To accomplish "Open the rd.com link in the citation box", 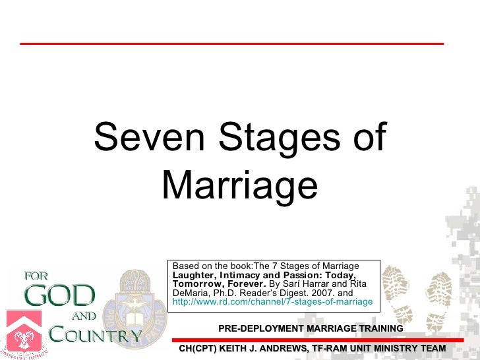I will tap(272, 302).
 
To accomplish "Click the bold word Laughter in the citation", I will tap(195, 275).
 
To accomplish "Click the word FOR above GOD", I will tap(36, 276).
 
